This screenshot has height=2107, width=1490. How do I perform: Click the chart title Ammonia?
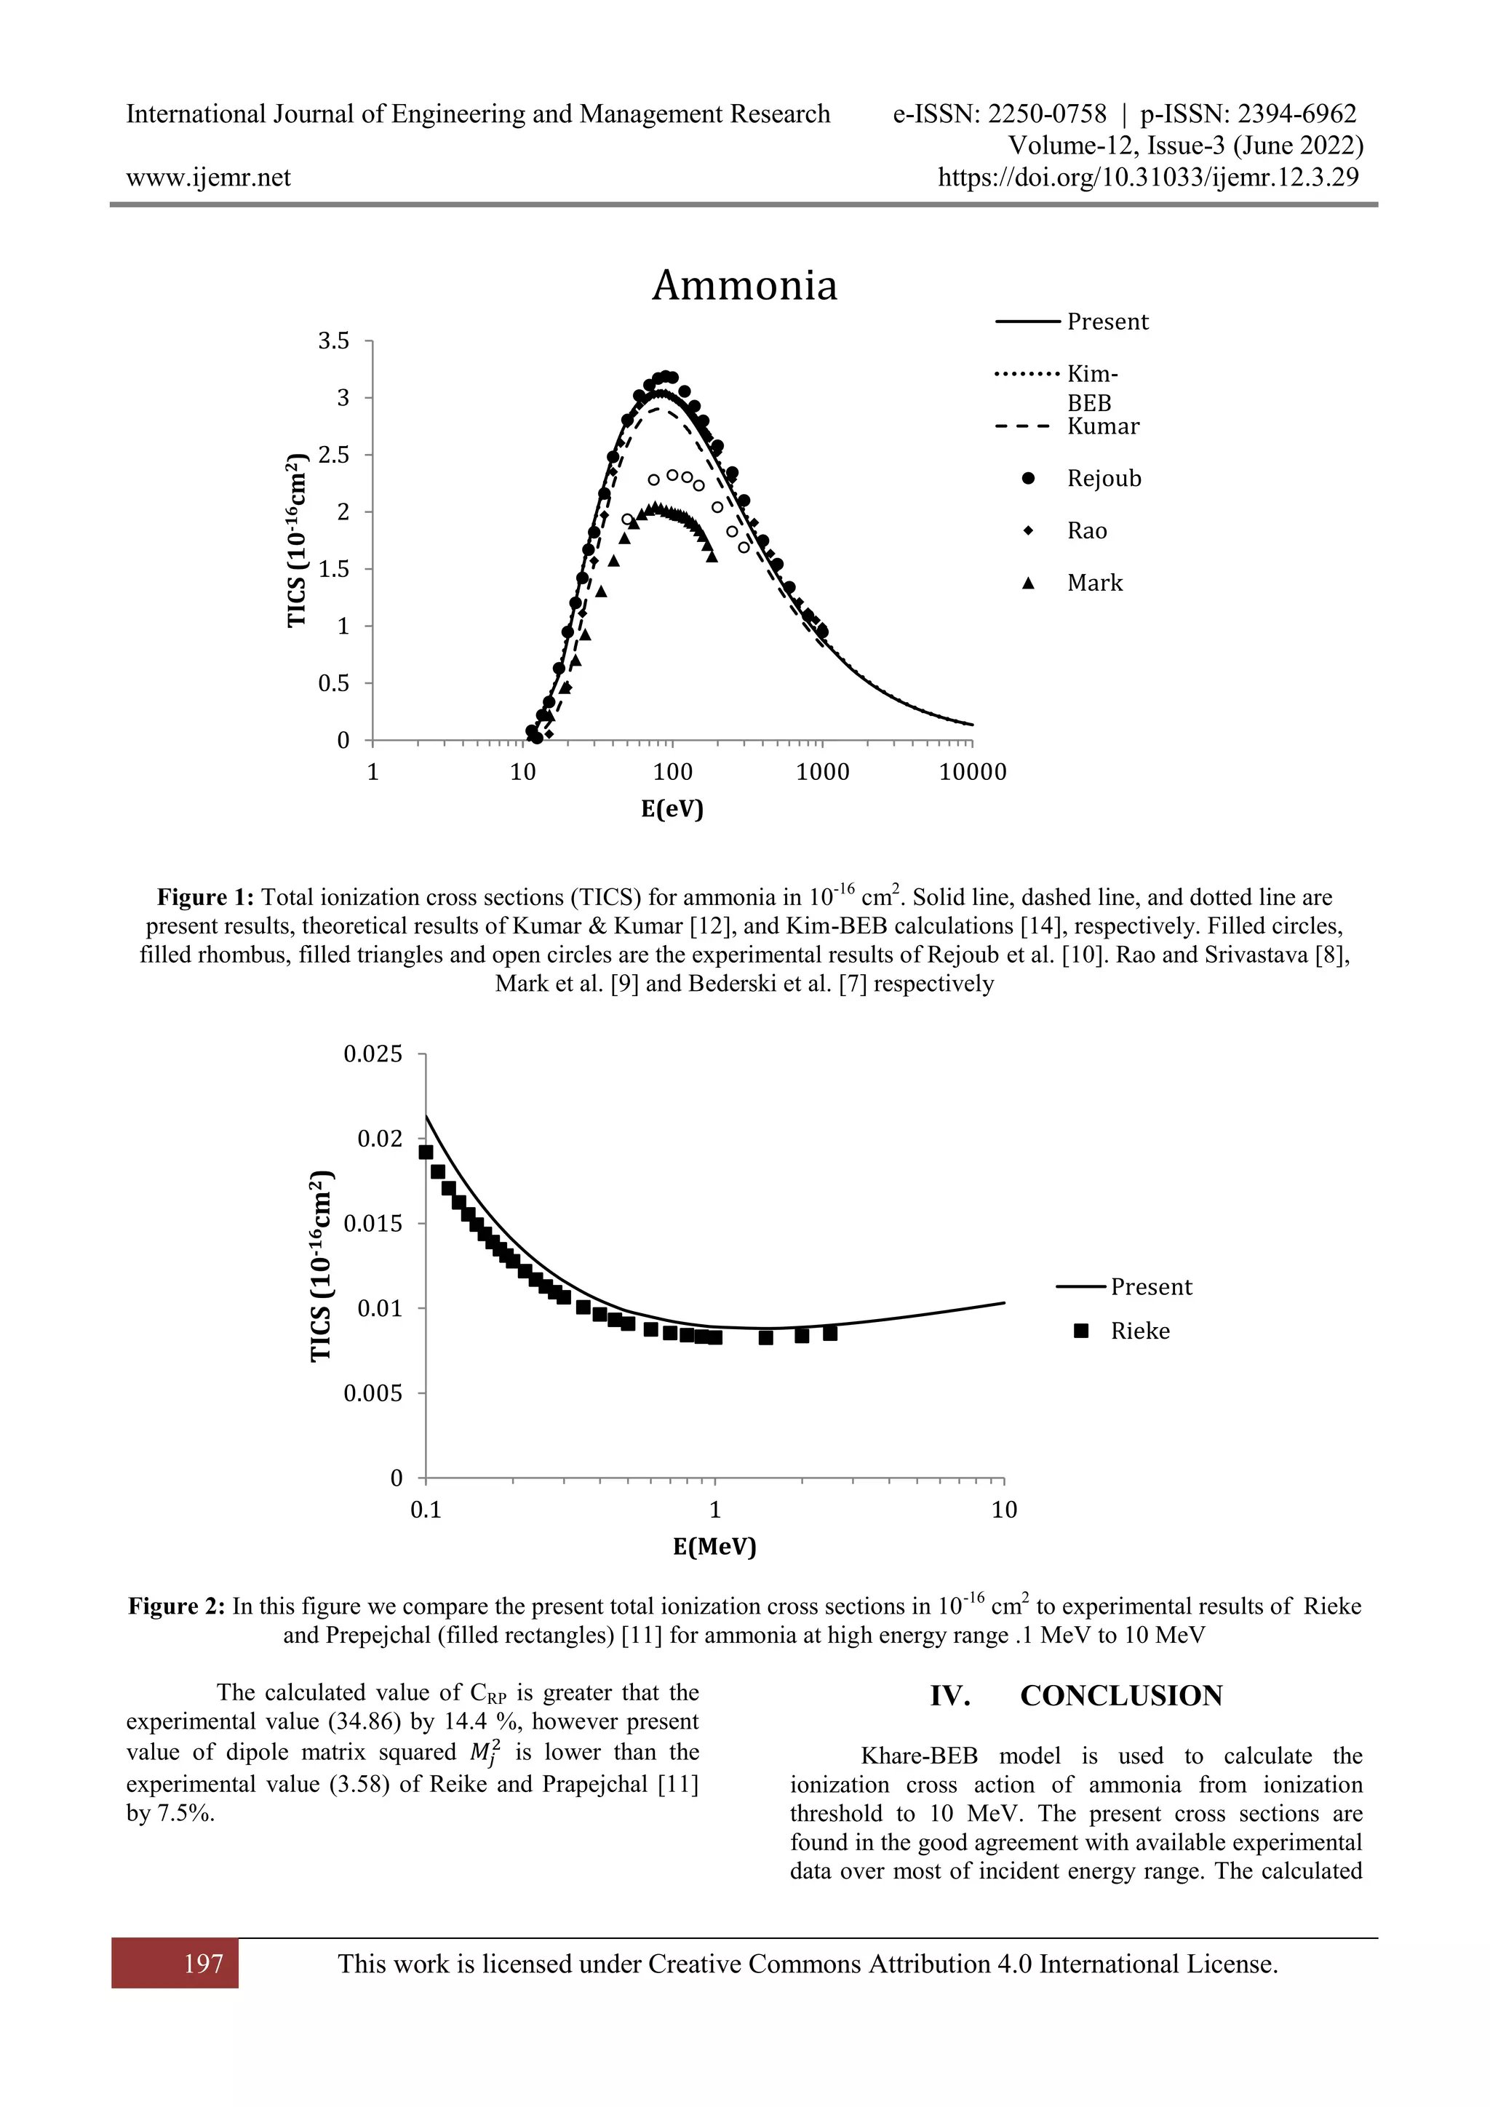click(744, 285)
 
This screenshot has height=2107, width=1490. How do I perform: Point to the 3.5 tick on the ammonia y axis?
click(334, 341)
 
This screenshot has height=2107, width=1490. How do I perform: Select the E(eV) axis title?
click(672, 808)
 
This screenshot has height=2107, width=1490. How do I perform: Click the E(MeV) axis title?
click(714, 1546)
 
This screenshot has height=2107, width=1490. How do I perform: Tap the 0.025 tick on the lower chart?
click(372, 1053)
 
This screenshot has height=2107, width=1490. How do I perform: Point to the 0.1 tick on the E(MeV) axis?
click(426, 1510)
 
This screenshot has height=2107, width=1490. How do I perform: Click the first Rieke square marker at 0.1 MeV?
click(426, 1152)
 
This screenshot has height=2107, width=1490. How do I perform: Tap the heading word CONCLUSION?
click(1120, 1695)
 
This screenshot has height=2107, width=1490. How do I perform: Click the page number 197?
click(203, 1963)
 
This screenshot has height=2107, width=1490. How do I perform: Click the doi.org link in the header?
click(1147, 177)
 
